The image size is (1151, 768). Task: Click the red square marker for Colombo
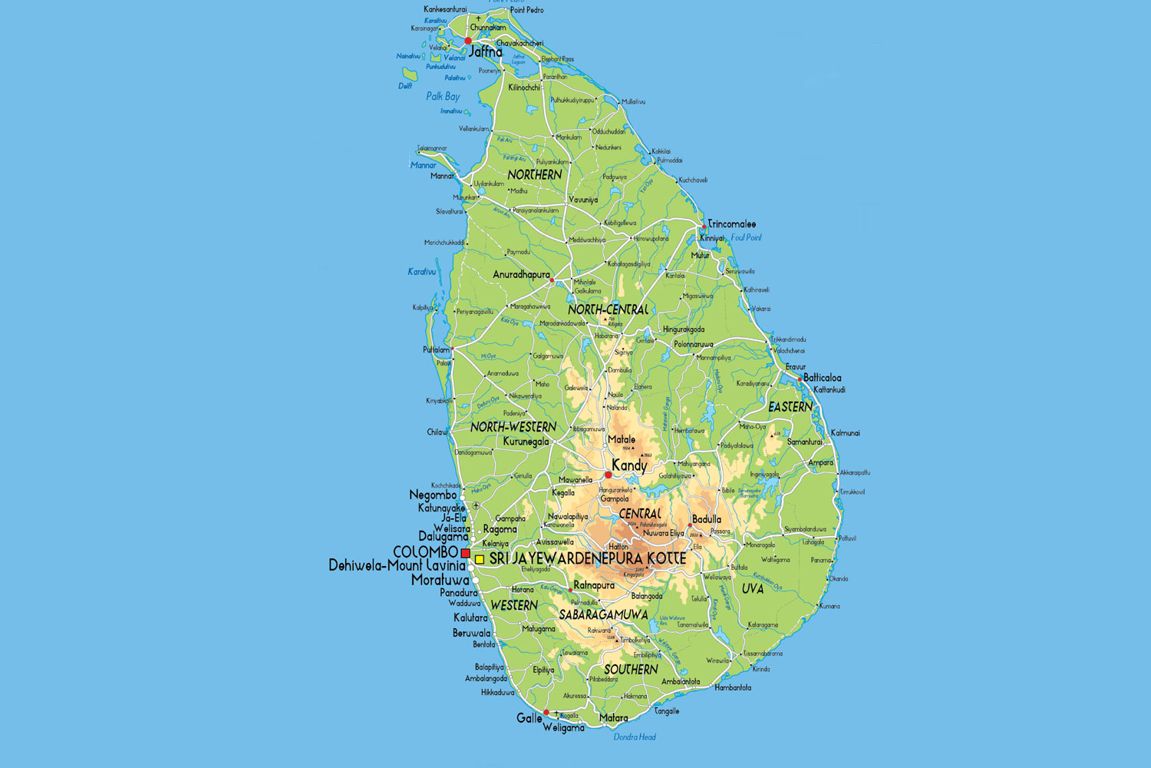click(x=465, y=553)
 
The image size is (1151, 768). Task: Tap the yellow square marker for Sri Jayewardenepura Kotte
click(x=480, y=560)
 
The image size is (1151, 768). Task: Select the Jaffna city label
click(x=486, y=52)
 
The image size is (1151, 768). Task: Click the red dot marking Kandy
click(x=608, y=475)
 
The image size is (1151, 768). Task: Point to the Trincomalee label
click(x=731, y=224)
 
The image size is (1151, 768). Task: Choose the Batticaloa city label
click(x=822, y=378)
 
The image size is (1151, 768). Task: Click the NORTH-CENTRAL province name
click(x=608, y=310)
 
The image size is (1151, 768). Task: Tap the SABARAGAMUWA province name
click(x=603, y=615)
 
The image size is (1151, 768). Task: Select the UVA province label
click(x=753, y=589)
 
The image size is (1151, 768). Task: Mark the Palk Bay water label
click(x=443, y=97)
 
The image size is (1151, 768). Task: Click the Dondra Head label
click(x=635, y=737)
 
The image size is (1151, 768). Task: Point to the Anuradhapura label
click(x=521, y=275)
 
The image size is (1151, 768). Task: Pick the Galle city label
click(x=529, y=718)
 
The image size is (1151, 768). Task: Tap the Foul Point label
click(x=746, y=238)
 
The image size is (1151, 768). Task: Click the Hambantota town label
click(x=733, y=687)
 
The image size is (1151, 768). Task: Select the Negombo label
click(x=433, y=495)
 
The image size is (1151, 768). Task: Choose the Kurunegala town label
click(x=526, y=442)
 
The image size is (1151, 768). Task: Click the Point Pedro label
click(x=527, y=10)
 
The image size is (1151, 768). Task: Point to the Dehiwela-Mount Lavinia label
click(x=397, y=566)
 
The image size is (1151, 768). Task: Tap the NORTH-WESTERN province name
click(x=513, y=427)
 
